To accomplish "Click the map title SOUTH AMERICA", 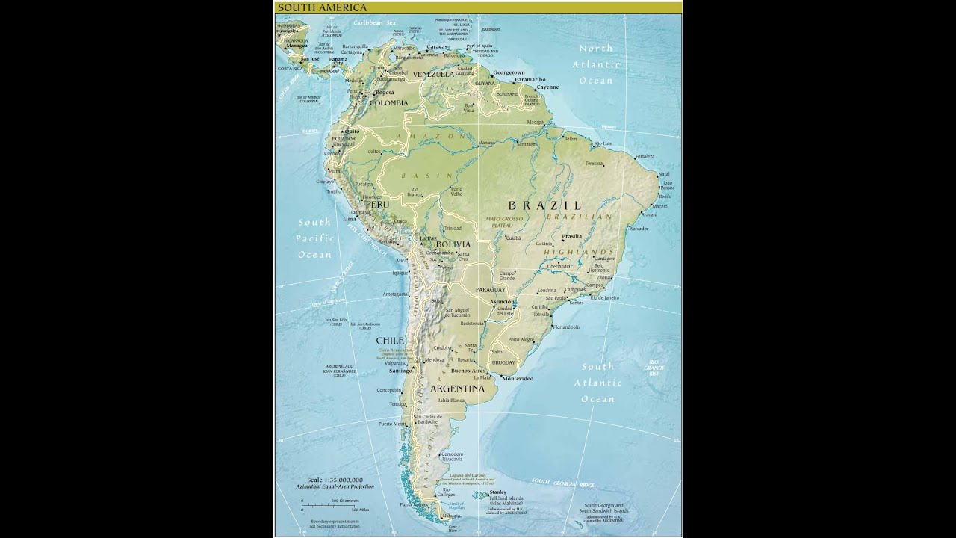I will (311, 7).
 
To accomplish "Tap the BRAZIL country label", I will (545, 205).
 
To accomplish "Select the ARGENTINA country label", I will (457, 389).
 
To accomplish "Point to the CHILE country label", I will (390, 341).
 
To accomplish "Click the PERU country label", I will (377, 204).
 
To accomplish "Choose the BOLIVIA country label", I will (453, 244).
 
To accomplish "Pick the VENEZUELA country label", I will (433, 75).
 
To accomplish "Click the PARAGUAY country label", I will (490, 289).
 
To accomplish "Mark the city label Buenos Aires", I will (468, 371).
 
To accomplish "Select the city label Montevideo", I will (517, 378).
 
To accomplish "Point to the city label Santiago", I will (400, 370).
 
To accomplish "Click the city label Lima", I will (349, 219).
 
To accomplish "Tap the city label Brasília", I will (571, 236).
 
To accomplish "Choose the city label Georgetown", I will (509, 72).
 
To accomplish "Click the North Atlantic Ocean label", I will (595, 64).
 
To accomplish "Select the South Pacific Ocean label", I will (314, 238).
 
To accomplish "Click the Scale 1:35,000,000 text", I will (335, 480).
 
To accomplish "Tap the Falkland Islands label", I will (506, 498).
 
